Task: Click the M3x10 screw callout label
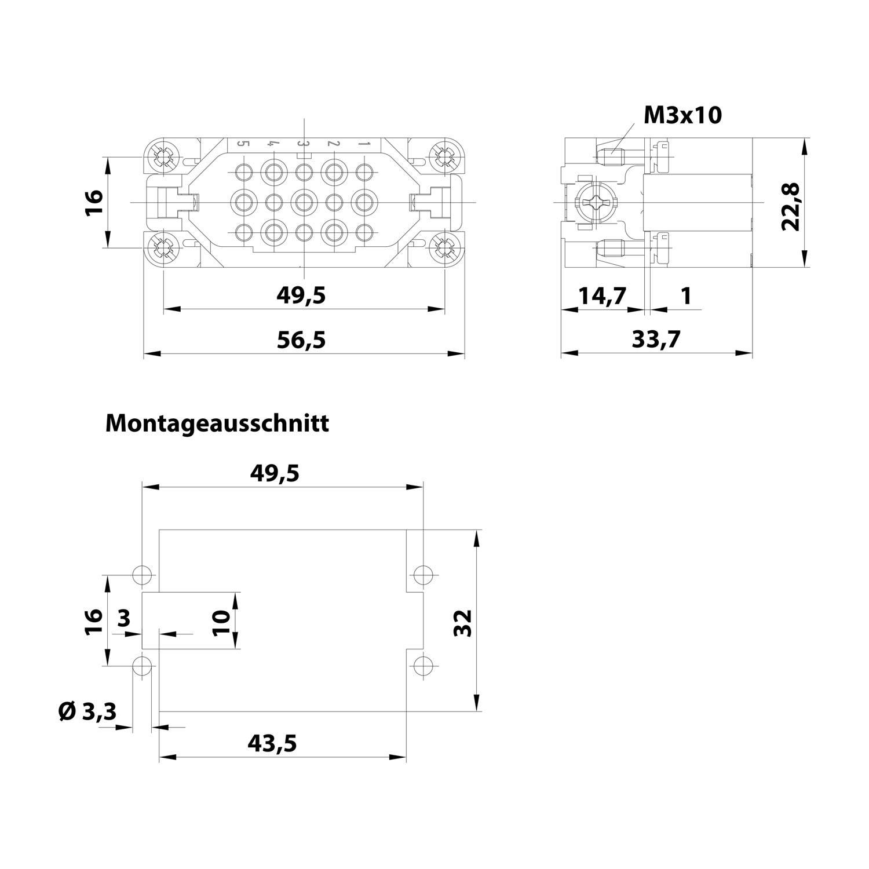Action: pyautogui.click(x=683, y=115)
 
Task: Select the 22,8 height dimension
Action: pyautogui.click(x=791, y=206)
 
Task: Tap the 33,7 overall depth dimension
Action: pyautogui.click(x=656, y=339)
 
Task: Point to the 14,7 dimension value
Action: pyautogui.click(x=603, y=296)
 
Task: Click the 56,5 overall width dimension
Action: pyautogui.click(x=301, y=340)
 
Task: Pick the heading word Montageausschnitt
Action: pyautogui.click(x=217, y=423)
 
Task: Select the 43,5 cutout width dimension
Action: pyautogui.click(x=272, y=743)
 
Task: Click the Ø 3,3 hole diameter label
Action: pyautogui.click(x=87, y=711)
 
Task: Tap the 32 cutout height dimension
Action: pyautogui.click(x=463, y=623)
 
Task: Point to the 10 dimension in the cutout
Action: pyautogui.click(x=222, y=622)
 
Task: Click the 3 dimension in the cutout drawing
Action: pyautogui.click(x=124, y=618)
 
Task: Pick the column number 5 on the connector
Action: pyautogui.click(x=243, y=144)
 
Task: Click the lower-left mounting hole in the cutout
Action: pyautogui.click(x=142, y=666)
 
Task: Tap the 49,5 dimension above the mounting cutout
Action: pyautogui.click(x=275, y=474)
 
